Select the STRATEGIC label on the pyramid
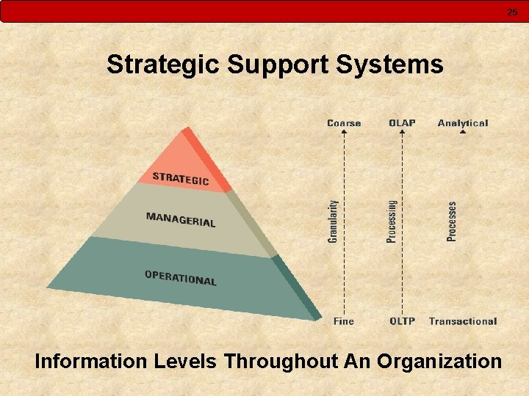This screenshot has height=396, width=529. [x=181, y=178]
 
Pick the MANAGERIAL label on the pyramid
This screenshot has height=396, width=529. [x=181, y=219]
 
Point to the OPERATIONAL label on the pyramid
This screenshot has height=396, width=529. [x=181, y=278]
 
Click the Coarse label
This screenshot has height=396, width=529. [x=344, y=123]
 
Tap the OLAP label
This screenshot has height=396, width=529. [x=402, y=123]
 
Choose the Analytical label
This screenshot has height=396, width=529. [x=463, y=123]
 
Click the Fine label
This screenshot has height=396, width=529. [x=343, y=321]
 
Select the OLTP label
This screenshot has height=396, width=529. [x=402, y=321]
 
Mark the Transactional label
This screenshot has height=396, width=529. [x=463, y=321]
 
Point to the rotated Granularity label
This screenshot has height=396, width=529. [x=333, y=221]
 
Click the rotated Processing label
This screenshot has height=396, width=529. [x=392, y=221]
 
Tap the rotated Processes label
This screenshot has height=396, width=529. [x=452, y=221]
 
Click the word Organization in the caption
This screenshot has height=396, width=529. [x=439, y=362]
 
